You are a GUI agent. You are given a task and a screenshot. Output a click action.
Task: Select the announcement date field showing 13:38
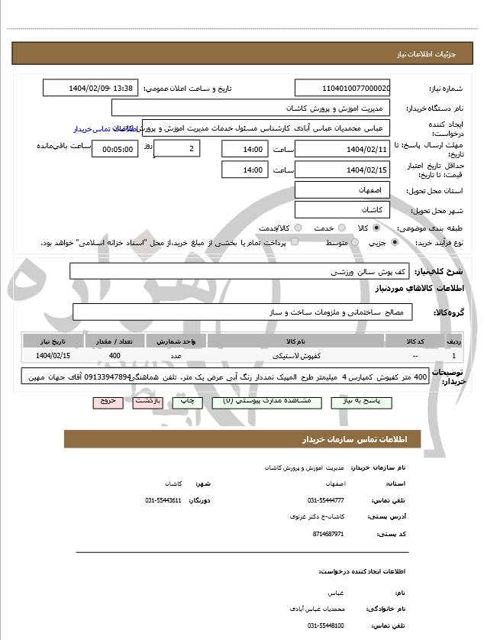(x=91, y=88)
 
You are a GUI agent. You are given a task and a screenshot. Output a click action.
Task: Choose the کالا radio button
(x=376, y=228)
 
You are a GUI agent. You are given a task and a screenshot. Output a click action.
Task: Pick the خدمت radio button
(x=341, y=228)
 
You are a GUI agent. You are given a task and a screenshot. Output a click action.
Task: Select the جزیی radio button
(x=394, y=243)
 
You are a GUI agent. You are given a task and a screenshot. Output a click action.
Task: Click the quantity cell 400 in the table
(x=115, y=356)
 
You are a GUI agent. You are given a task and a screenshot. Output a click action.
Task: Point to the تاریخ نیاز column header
(x=53, y=341)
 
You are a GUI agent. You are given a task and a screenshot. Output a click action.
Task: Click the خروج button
(x=108, y=401)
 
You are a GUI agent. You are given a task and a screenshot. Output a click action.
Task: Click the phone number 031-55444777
(x=325, y=499)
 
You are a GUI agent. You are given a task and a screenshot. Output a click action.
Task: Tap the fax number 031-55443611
(x=163, y=499)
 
